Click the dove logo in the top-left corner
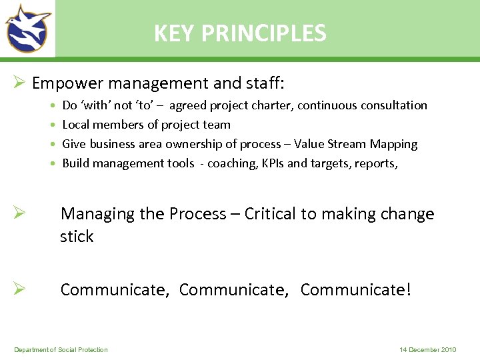tap(28, 28)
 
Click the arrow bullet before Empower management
tap(19, 83)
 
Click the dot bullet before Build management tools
tap(53, 164)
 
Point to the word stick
tap(77, 237)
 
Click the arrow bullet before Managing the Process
tap(19, 213)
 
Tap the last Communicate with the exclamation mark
tap(356, 290)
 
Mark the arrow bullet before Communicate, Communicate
tap(19, 289)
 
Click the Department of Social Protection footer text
tap(61, 350)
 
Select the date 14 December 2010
tap(428, 350)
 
